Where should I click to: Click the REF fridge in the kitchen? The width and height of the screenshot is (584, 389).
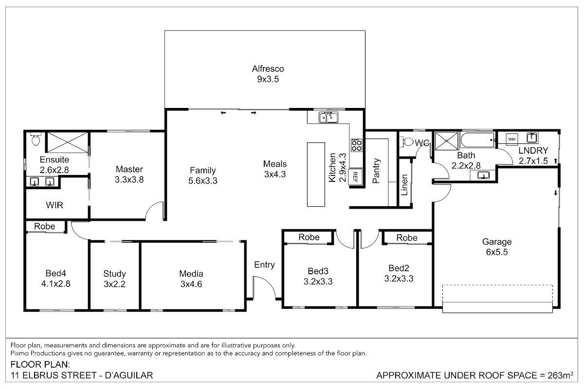pyautogui.click(x=355, y=177)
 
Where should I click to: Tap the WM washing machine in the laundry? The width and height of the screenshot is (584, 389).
pyautogui.click(x=512, y=139)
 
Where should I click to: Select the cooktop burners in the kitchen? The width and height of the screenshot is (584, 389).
pyautogui.click(x=356, y=145)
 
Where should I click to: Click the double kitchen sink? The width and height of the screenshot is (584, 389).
pyautogui.click(x=328, y=117)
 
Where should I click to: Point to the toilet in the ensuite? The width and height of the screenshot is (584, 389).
pyautogui.click(x=35, y=139)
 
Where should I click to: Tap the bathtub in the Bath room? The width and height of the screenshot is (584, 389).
pyautogui.click(x=477, y=140)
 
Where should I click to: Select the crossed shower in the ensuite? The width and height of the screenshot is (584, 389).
pyautogui.click(x=68, y=142)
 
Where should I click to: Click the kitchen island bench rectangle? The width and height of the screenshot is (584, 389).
pyautogui.click(x=316, y=174)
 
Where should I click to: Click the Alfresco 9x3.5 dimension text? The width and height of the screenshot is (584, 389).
pyautogui.click(x=268, y=79)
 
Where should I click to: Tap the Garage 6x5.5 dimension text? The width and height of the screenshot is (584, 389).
pyautogui.click(x=497, y=252)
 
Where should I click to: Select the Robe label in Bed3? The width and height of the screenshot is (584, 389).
pyautogui.click(x=309, y=237)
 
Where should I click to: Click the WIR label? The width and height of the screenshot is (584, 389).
pyautogui.click(x=55, y=205)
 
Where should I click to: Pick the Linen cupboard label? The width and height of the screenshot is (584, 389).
pyautogui.click(x=404, y=185)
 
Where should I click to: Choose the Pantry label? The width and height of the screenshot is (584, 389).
pyautogui.click(x=376, y=170)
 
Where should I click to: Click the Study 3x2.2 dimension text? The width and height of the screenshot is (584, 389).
pyautogui.click(x=114, y=284)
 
